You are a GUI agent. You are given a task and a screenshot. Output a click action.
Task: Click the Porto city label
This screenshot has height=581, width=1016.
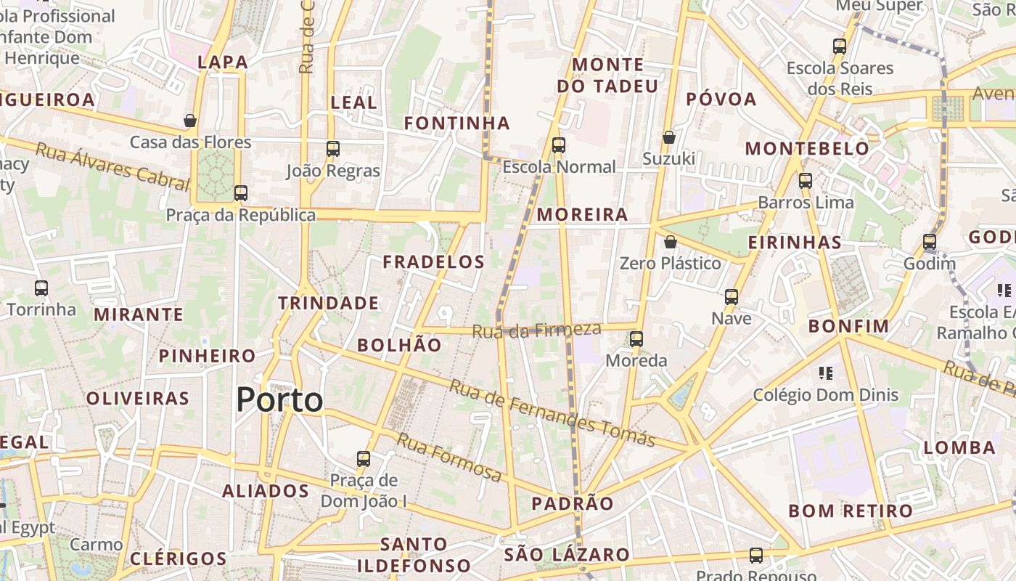pyautogui.click(x=279, y=400)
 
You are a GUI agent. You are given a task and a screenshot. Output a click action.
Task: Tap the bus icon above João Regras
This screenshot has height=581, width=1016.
pyautogui.click(x=333, y=149)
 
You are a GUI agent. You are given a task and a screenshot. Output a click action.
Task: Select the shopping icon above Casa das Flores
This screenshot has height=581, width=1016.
pyautogui.click(x=190, y=121)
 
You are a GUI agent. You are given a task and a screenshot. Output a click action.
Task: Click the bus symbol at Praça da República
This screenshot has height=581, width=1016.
pyautogui.click(x=241, y=193)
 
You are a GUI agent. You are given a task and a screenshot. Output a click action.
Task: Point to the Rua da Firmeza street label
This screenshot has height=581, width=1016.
pyautogui.click(x=536, y=330)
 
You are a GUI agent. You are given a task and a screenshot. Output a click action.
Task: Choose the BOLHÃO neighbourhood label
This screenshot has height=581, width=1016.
pyautogui.click(x=399, y=345)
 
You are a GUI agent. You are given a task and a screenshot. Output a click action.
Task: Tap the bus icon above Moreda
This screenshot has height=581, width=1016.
pyautogui.click(x=636, y=339)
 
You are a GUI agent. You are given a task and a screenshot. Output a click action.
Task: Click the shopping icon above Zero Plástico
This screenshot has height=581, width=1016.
pyautogui.click(x=671, y=242)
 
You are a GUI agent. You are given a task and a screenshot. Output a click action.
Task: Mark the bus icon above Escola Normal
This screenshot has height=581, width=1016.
pyautogui.click(x=559, y=145)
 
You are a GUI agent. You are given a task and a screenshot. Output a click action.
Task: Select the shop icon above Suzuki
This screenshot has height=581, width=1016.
pyautogui.click(x=669, y=137)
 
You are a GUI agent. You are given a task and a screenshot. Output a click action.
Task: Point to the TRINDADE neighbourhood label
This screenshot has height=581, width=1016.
pyautogui.click(x=328, y=303)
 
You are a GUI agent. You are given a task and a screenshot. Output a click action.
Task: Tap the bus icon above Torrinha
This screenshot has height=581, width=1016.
pyautogui.click(x=41, y=288)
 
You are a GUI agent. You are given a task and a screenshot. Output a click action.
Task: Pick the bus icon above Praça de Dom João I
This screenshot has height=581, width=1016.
pyautogui.click(x=364, y=459)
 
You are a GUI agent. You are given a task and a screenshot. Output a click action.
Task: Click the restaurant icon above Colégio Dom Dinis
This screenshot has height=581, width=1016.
pyautogui.click(x=825, y=373)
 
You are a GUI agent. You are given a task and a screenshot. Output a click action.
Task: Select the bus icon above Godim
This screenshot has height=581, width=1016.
pyautogui.click(x=930, y=242)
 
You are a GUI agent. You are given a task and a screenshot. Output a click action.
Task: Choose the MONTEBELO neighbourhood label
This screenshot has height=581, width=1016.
pyautogui.click(x=807, y=149)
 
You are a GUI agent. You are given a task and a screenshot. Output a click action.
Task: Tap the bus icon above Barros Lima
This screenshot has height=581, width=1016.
pyautogui.click(x=806, y=181)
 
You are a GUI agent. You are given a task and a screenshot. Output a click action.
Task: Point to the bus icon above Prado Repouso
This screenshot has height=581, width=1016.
pyautogui.click(x=756, y=556)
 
